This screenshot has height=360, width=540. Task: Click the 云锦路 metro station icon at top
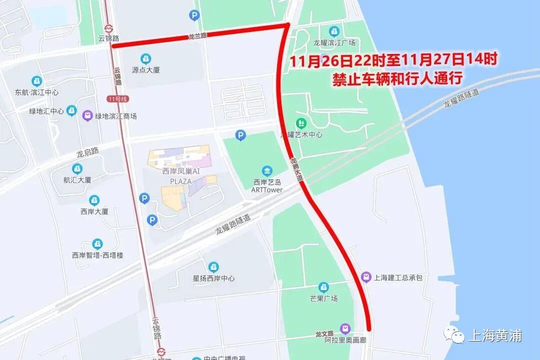[x=109, y=28]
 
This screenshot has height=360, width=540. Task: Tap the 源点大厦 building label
[x=145, y=70]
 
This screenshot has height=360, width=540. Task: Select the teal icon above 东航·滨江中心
[x=36, y=81]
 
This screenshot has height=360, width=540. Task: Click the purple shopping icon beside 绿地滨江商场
[x=87, y=115]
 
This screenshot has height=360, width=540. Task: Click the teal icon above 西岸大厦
[x=94, y=200]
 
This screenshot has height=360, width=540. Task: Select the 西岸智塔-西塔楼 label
[x=97, y=255]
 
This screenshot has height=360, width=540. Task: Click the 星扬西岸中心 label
[x=213, y=278]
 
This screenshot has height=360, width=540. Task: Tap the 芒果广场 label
[x=323, y=298]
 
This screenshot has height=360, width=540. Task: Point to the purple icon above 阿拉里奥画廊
[x=345, y=328]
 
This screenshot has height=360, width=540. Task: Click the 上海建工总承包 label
[x=398, y=277]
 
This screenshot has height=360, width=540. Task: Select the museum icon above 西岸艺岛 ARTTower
[x=267, y=171]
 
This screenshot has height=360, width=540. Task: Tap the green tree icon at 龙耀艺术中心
[x=300, y=122]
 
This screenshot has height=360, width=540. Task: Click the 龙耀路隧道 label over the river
[x=461, y=98]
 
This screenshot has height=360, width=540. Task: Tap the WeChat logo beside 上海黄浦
[x=455, y=335]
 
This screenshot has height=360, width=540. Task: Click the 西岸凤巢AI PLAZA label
[x=180, y=176]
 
